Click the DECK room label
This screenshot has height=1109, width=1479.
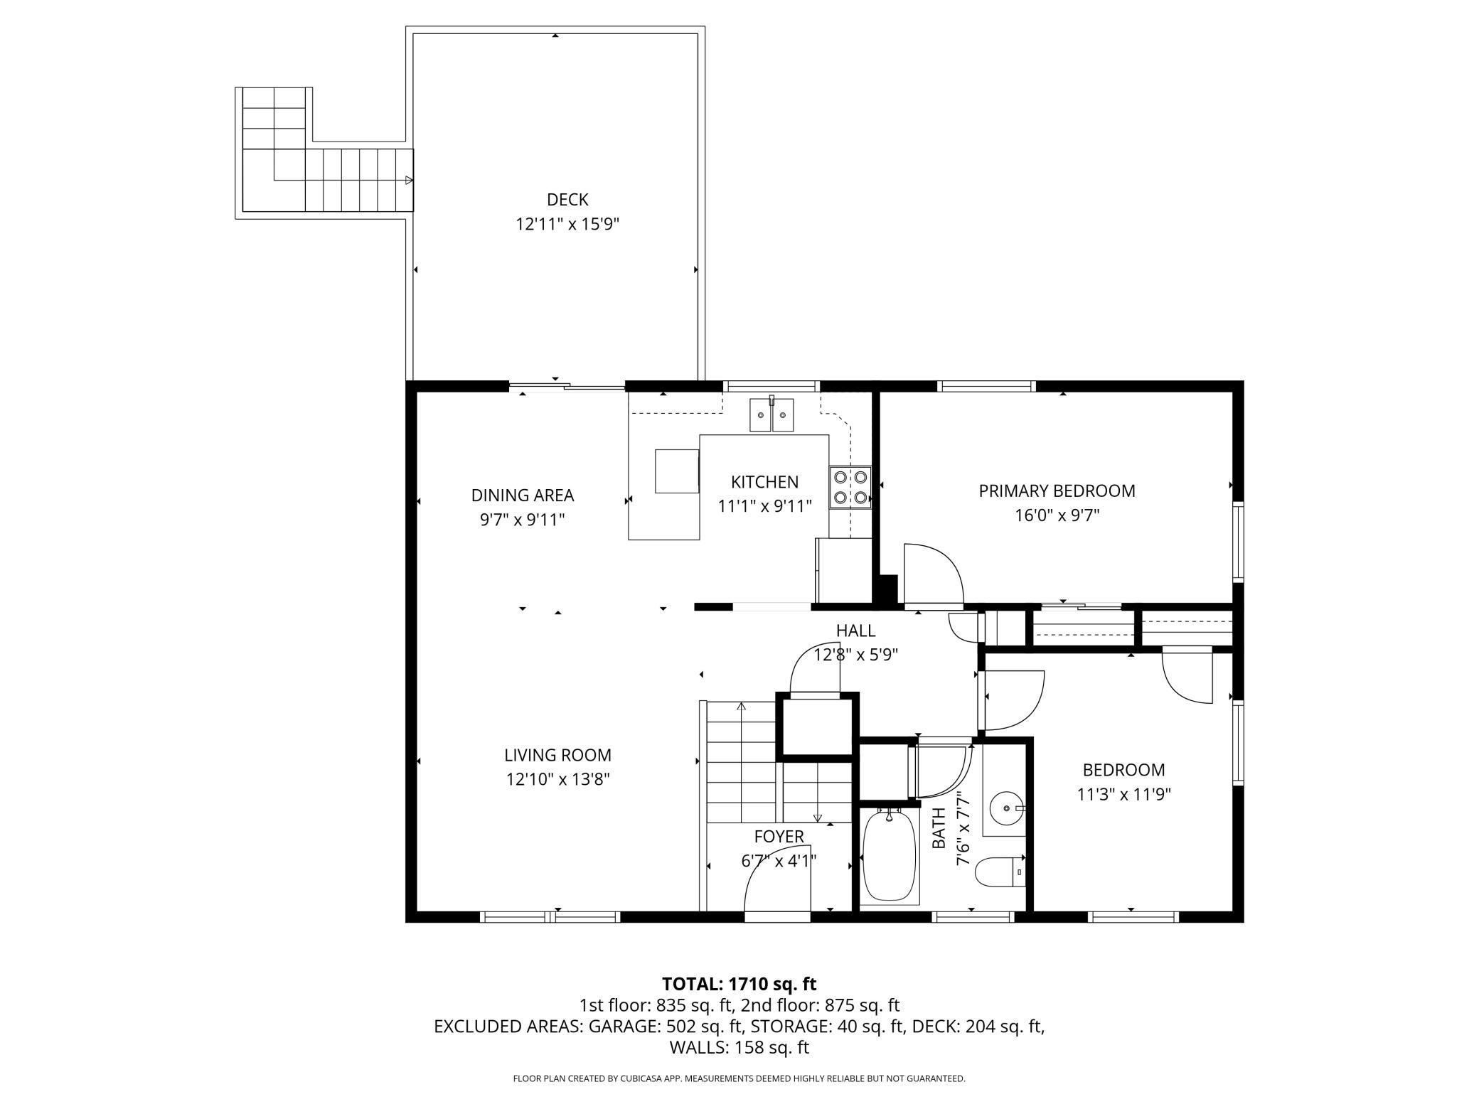pos(567,200)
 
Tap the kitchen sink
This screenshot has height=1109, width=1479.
pos(771,414)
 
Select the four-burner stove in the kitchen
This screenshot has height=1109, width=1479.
pos(850,488)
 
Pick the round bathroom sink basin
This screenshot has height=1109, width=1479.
pos(1006,808)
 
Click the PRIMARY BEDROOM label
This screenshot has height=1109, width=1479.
pos(1057,491)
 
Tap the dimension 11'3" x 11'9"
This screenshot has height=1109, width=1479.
pos(1123,794)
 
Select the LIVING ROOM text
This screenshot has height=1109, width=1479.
pos(557,755)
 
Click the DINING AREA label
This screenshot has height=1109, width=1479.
pos(523,495)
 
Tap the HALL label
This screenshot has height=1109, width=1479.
pos(855,631)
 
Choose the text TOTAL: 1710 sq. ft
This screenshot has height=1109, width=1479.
pos(739,984)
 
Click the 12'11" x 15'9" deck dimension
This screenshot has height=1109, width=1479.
pos(567,225)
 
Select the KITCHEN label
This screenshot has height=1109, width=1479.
pos(764,482)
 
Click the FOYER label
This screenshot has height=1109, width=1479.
pos(779,837)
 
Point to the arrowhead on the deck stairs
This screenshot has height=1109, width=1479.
pos(409,180)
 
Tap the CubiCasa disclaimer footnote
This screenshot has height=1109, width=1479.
pos(739,1078)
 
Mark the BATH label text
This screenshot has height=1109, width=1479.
pos(939,828)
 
